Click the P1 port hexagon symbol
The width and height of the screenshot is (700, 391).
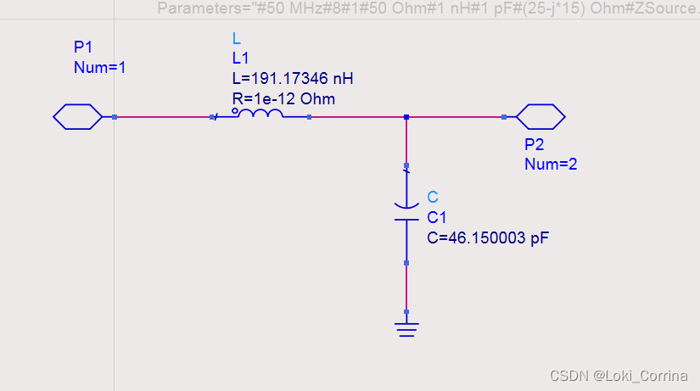(x=77, y=117)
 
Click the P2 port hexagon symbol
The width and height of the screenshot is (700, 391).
(x=540, y=117)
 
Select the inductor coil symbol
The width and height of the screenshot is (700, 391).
(x=258, y=115)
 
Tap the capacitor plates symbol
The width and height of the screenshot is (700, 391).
(x=407, y=212)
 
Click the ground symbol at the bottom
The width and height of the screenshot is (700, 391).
(x=407, y=327)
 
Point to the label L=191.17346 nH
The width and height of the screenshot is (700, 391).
(x=292, y=79)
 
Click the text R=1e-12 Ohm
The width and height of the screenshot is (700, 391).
(x=283, y=99)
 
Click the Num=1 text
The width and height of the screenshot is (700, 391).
(x=100, y=67)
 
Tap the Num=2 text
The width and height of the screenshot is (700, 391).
(x=551, y=164)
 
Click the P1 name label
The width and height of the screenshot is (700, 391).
(x=82, y=47)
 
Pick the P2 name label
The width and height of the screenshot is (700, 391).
(x=534, y=144)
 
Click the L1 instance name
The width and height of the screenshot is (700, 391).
(x=240, y=59)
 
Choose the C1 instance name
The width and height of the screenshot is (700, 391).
(x=436, y=218)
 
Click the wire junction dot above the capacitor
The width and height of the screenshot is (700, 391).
(x=407, y=117)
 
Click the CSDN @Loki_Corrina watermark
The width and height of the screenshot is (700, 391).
(x=621, y=376)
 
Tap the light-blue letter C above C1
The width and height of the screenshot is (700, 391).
(x=433, y=198)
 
